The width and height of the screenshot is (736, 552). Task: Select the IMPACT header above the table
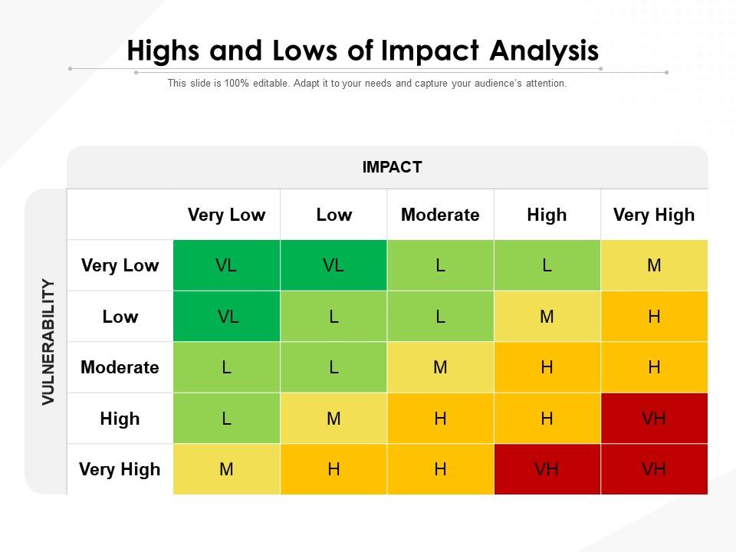pyautogui.click(x=392, y=167)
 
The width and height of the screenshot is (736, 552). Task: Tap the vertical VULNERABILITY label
pyautogui.click(x=48, y=341)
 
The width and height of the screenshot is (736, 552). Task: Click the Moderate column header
pyautogui.click(x=440, y=215)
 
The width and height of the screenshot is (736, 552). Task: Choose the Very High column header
pyautogui.click(x=653, y=215)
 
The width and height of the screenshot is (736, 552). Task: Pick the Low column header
pyautogui.click(x=333, y=215)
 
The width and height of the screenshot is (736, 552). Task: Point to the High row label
pyautogui.click(x=120, y=419)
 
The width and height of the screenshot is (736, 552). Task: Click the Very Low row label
pyautogui.click(x=120, y=266)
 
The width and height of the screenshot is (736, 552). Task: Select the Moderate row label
pyautogui.click(x=120, y=367)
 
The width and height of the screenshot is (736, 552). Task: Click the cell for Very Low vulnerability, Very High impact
pyautogui.click(x=653, y=266)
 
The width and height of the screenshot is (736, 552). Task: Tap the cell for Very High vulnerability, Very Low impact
pyautogui.click(x=226, y=469)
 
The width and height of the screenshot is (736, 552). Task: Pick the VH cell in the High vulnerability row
pyautogui.click(x=653, y=419)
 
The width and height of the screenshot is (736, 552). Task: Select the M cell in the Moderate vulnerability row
pyautogui.click(x=440, y=367)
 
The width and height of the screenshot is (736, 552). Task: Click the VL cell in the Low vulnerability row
pyautogui.click(x=226, y=317)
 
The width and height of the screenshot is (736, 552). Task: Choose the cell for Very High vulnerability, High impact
pyautogui.click(x=547, y=469)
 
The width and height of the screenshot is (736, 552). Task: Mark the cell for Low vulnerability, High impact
pyautogui.click(x=547, y=317)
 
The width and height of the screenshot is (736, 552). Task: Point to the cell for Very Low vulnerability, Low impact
pyautogui.click(x=333, y=266)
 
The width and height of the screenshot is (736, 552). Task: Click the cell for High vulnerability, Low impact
pyautogui.click(x=333, y=419)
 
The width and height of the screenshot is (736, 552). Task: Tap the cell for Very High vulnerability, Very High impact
pyautogui.click(x=653, y=469)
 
